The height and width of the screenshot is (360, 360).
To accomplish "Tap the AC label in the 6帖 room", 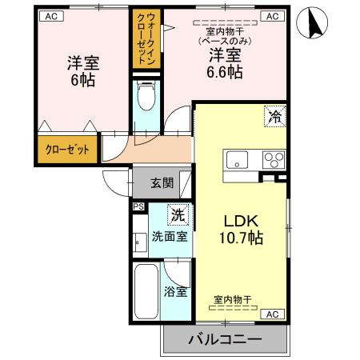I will (50, 15).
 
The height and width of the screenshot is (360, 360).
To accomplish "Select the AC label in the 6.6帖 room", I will (272, 15).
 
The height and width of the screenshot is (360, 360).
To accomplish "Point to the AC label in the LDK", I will (271, 313).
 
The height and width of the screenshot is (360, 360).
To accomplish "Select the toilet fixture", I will (147, 97).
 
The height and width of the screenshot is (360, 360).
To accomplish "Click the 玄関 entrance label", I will (162, 182).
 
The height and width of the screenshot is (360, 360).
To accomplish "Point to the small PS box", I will (137, 206).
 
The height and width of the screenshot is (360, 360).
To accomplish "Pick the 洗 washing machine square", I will (178, 214).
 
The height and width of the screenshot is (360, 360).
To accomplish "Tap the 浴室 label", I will (176, 291).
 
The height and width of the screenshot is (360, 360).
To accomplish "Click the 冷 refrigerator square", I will (274, 117).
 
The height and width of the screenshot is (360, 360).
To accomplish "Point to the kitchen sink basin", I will (238, 158).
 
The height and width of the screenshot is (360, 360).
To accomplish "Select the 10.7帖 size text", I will (240, 238).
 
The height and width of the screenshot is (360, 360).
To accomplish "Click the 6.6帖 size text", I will (226, 72).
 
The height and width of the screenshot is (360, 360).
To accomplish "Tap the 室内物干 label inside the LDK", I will (232, 300).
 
